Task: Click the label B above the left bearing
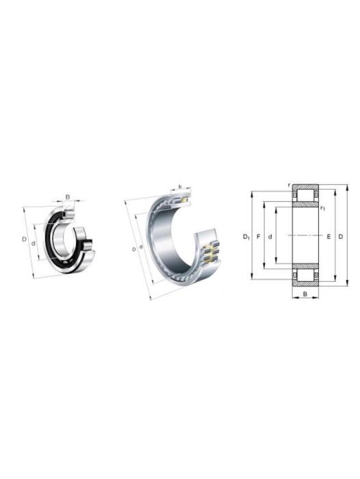[68, 197]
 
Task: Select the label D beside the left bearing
[24, 239]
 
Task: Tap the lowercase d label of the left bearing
[33, 244]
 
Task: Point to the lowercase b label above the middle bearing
[180, 186]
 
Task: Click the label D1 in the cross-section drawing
[246, 237]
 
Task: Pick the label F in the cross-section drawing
[258, 237]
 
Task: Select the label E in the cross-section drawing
[329, 237]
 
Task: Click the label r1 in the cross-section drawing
[323, 208]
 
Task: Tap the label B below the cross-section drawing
[305, 294]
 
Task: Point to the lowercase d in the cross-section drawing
[270, 237]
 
